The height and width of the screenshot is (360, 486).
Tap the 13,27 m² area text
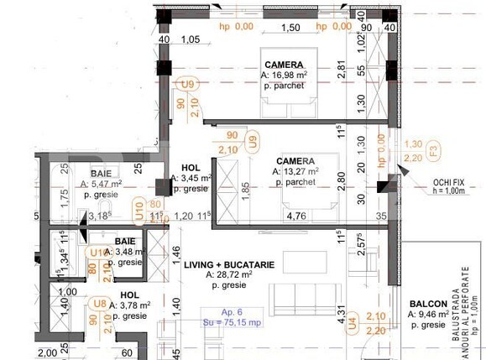tap(291, 171)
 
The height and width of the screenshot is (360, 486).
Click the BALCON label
tap(428, 304)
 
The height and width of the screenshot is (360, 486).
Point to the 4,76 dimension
tap(295, 215)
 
